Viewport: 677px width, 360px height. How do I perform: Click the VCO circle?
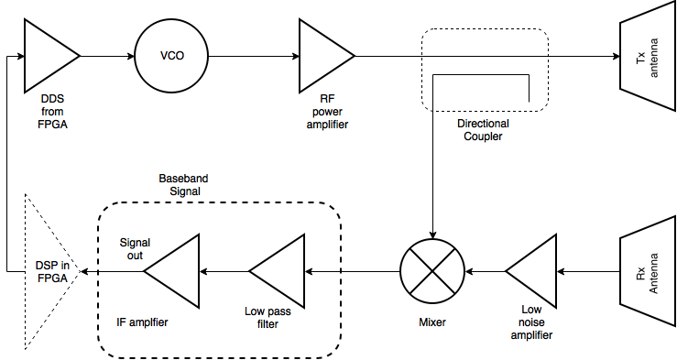(171, 56)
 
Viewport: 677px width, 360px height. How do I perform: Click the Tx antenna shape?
(648, 57)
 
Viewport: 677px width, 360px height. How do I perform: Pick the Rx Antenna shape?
(647, 271)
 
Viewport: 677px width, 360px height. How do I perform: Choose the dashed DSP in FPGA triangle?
(46, 271)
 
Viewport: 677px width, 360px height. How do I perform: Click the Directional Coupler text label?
(484, 129)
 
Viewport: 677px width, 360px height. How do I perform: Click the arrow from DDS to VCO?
(107, 56)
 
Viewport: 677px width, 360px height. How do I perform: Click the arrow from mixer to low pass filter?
(353, 271)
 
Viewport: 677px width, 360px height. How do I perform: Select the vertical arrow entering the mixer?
(434, 183)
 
